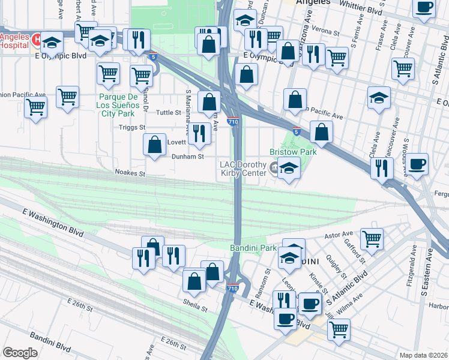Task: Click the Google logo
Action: click(x=20, y=353)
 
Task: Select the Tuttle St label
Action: click(x=169, y=112)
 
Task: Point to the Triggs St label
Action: click(x=134, y=127)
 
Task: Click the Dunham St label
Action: click(x=189, y=157)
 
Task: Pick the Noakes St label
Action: click(x=130, y=173)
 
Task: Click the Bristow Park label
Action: click(x=293, y=152)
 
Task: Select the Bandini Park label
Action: click(x=253, y=247)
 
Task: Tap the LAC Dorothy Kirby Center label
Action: click(x=243, y=169)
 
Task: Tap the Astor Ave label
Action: click(x=338, y=235)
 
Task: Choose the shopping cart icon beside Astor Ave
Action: click(x=372, y=239)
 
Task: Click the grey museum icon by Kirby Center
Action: click(x=275, y=167)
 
